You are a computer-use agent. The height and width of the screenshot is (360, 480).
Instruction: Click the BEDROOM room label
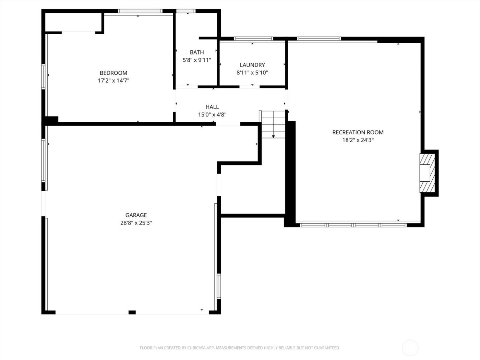[x=113, y=73]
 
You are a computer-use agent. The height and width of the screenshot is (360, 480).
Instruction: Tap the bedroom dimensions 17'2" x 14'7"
[x=113, y=81]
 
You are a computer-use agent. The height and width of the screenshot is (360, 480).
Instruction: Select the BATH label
[x=197, y=52]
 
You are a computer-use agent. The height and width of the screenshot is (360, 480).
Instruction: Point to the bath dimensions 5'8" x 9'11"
[x=197, y=60]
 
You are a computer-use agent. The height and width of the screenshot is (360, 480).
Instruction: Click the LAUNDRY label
[x=252, y=65]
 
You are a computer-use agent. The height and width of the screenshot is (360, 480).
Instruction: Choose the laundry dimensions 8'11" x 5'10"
[x=252, y=73]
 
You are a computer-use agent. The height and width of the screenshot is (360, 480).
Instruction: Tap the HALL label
[x=212, y=107]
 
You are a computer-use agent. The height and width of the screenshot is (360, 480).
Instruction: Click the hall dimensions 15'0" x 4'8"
[x=212, y=115]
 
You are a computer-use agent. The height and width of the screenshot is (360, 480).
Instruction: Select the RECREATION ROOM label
[x=358, y=132]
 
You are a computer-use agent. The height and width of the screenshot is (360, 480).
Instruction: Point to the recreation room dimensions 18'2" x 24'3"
[x=358, y=140]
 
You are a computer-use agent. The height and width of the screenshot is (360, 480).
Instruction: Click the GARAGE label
[x=136, y=215]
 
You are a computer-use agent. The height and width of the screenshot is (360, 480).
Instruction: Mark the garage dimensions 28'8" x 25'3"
[x=136, y=223]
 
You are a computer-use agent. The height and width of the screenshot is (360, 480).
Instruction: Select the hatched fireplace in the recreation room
[x=427, y=173]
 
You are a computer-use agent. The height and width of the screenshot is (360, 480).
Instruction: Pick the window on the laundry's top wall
[x=253, y=39]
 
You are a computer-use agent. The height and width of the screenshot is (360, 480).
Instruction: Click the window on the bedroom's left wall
[x=44, y=77]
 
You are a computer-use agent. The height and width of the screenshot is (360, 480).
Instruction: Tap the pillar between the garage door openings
[x=132, y=312]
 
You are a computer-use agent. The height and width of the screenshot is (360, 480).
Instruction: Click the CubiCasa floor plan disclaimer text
[x=240, y=348]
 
